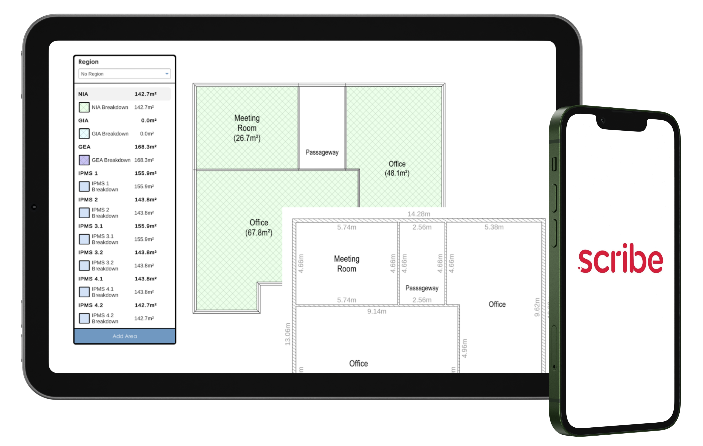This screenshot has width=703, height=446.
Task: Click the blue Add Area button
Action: [x=125, y=336]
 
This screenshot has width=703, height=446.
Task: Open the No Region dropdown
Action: [x=124, y=74]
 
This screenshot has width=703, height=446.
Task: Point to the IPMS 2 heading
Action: [x=88, y=199]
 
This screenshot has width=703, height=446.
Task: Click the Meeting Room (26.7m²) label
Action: [x=247, y=128]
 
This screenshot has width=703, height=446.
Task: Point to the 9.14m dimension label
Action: [x=377, y=311]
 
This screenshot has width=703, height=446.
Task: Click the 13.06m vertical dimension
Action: [x=288, y=334]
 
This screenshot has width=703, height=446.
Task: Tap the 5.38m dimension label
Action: [x=494, y=227]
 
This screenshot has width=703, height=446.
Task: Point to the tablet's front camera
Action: [x=34, y=207]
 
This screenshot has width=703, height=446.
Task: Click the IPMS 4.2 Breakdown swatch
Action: [x=84, y=318]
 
